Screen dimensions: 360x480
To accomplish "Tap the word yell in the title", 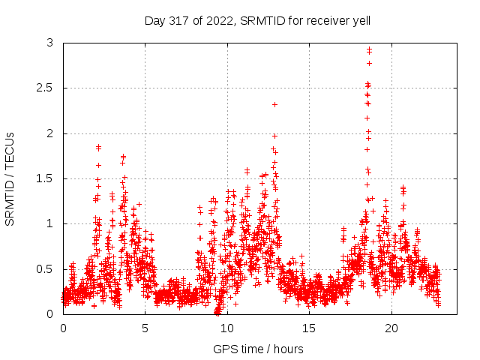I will tap(360, 20).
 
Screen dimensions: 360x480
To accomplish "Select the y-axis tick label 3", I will tap(49, 43).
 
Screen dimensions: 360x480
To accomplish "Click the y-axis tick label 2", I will tap(49, 133).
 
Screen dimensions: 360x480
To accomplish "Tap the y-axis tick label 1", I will tap(49, 223).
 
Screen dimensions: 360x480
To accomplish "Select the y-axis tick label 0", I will tap(49, 313).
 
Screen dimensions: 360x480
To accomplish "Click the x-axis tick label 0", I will tap(63, 328).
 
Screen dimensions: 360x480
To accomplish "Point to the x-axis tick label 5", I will tap(145, 328).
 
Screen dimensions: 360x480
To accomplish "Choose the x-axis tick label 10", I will tap(227, 328).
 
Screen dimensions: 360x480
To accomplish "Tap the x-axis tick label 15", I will tap(309, 328).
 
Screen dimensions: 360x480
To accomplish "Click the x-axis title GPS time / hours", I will tap(258, 349).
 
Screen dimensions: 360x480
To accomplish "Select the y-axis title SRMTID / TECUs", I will tap(10, 178).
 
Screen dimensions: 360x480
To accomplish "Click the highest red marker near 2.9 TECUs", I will tap(369, 49).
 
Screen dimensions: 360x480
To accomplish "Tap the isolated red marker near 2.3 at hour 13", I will tap(275, 104).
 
